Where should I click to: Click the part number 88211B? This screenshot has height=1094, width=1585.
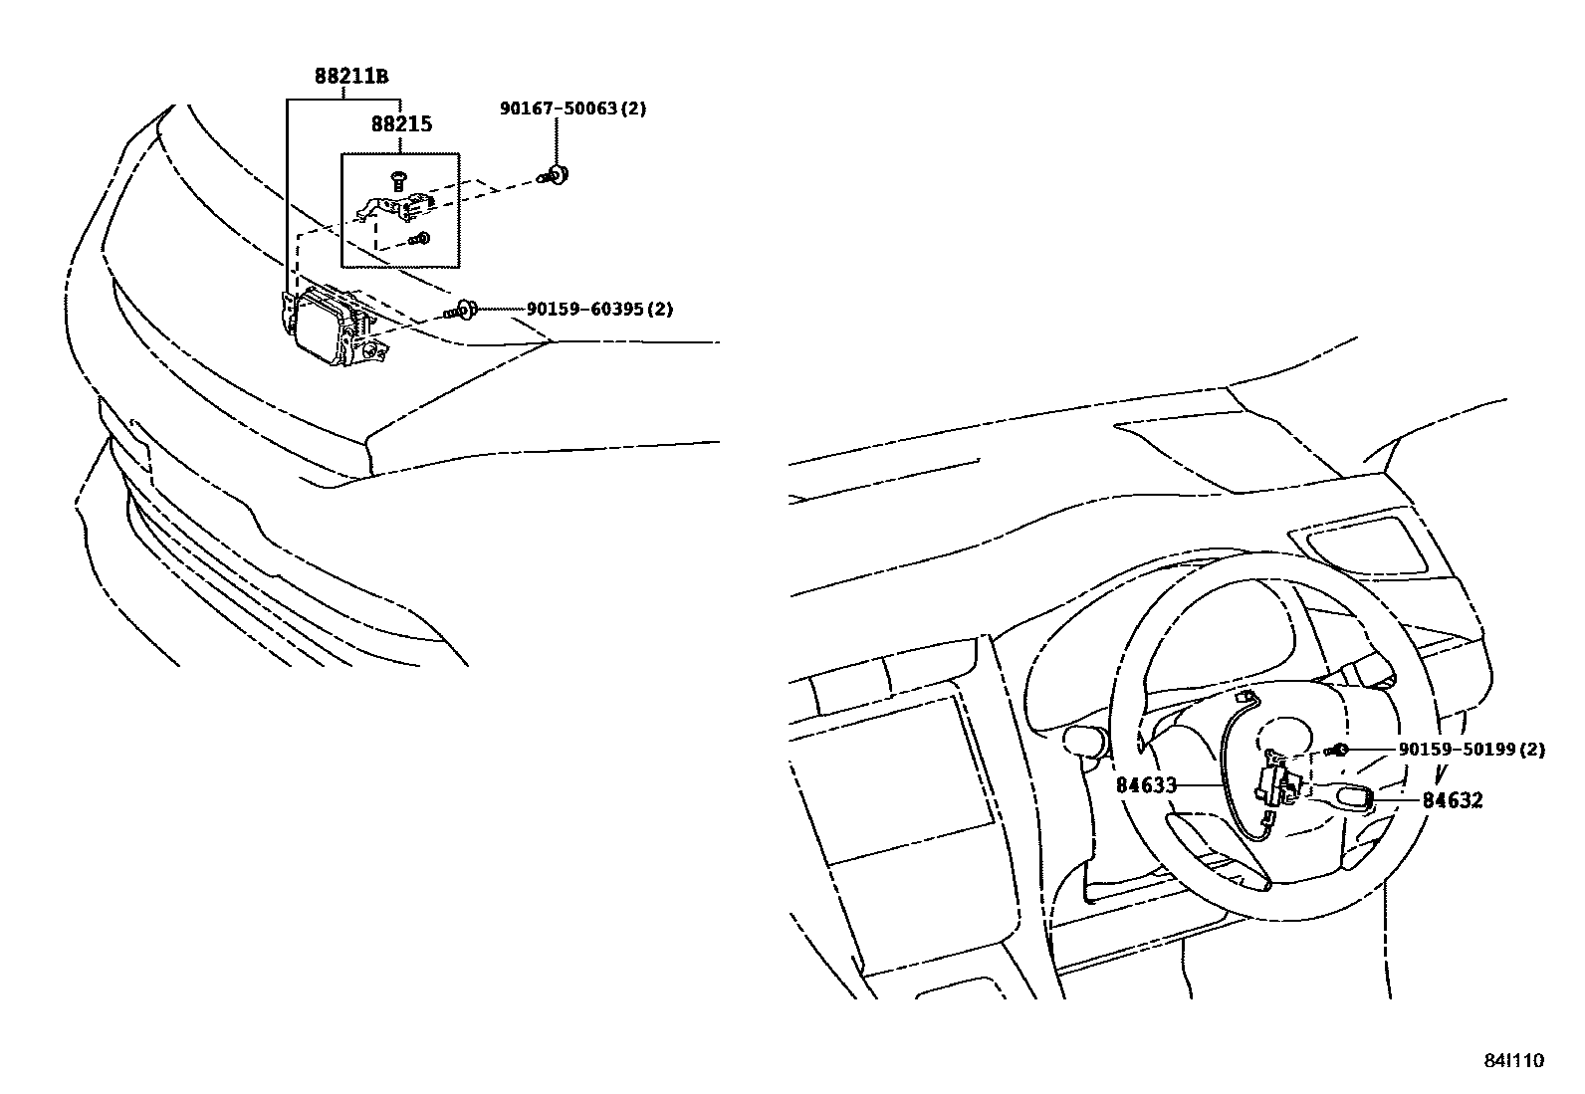pos(350,76)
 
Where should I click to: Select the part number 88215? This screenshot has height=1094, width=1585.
pos(401,125)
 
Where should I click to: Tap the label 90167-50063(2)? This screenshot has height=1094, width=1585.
pos(572,109)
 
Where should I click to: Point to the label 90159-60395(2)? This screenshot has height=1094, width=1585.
pos(598,310)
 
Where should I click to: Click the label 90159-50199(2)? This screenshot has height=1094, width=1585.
pos(1472,750)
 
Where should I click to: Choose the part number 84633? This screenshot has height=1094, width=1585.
pos(1146,785)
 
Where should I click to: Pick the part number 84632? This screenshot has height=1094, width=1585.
pos(1452,800)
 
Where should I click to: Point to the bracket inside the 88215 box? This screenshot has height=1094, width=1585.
pos(398,205)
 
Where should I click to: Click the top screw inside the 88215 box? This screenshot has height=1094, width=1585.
pos(398,180)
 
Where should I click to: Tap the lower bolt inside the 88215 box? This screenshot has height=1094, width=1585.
pos(421,239)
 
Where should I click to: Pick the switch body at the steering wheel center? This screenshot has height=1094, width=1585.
pos(1277,782)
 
